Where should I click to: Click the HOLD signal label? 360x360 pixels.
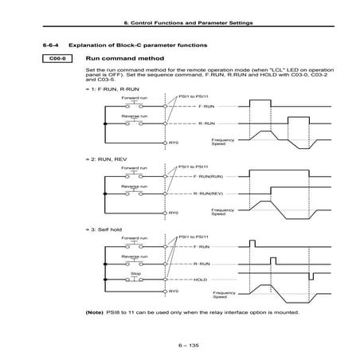pyautogui.click(x=200, y=280)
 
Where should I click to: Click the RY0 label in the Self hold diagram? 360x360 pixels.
pyautogui.click(x=173, y=292)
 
